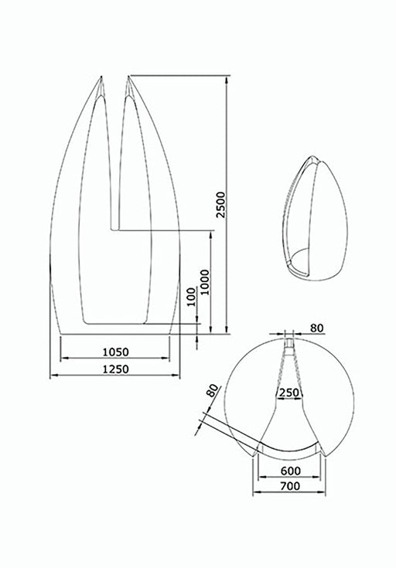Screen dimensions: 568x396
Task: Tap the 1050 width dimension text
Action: click(x=116, y=351)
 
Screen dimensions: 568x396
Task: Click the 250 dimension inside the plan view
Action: click(x=288, y=392)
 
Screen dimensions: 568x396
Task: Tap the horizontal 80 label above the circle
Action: click(x=316, y=328)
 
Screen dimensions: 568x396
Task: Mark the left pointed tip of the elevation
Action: click(x=101, y=77)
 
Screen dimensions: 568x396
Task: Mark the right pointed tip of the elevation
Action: click(x=130, y=76)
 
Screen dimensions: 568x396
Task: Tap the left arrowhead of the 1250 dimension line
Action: click(x=51, y=376)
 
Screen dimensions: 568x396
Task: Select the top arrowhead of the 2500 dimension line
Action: click(x=227, y=78)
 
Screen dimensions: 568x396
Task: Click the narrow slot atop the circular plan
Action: click(x=289, y=340)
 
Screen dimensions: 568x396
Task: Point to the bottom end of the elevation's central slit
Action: click(x=116, y=229)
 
